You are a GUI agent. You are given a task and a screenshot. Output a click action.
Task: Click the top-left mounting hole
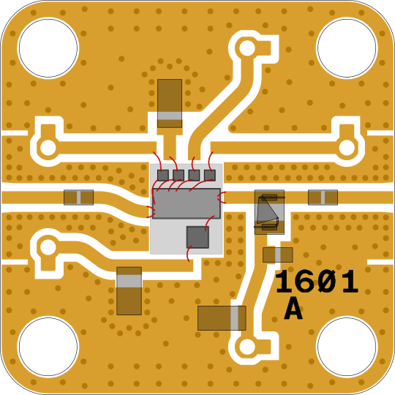(48, 48)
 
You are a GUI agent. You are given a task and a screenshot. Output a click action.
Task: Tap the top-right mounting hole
(347, 48)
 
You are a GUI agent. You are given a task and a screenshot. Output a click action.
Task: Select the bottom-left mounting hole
(48, 347)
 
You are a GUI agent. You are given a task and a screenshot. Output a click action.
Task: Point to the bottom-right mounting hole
(347, 347)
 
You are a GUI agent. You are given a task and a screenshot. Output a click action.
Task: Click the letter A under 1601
(293, 309)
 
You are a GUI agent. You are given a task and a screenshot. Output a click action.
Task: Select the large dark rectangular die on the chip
(187, 203)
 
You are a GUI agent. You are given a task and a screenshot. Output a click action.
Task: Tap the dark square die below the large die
(197, 237)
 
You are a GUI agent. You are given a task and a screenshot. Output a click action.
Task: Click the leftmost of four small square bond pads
(162, 175)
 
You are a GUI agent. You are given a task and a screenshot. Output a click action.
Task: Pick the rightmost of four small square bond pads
(210, 175)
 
